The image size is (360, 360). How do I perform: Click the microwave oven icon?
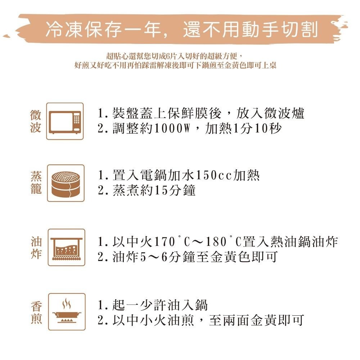coord(65,122)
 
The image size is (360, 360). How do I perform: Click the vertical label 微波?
coord(36,121)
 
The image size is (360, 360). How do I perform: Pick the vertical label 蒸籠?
coord(36,183)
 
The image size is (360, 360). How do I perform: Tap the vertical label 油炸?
coord(36,248)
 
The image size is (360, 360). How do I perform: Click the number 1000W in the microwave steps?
coord(172,129)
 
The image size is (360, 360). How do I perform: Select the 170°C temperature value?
coord(172,242)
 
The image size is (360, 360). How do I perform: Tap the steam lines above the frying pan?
coord(67,303)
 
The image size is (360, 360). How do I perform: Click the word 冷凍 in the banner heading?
coord(65,30)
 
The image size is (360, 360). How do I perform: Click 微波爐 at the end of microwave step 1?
coord(284,113)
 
